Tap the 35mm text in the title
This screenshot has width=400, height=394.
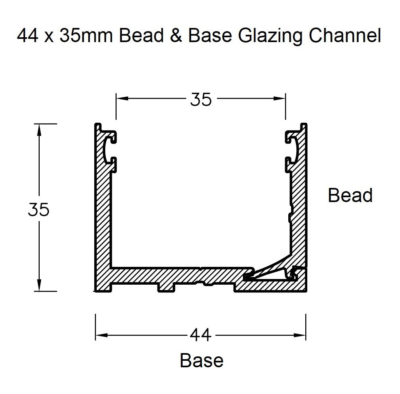click(88, 36)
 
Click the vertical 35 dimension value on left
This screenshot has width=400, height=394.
click(39, 210)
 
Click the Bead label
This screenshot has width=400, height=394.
click(350, 196)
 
